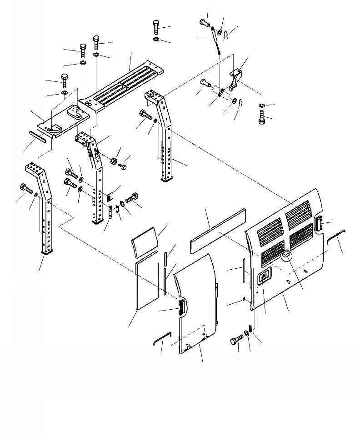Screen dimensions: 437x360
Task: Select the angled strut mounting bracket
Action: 236,78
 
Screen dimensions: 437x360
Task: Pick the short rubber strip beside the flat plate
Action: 38,136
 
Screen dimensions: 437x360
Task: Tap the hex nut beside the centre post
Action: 114,161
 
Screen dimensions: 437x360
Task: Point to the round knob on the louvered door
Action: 286,256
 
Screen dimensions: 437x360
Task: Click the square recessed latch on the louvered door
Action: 264,276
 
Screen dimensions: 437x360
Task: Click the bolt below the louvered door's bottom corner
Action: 238,340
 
